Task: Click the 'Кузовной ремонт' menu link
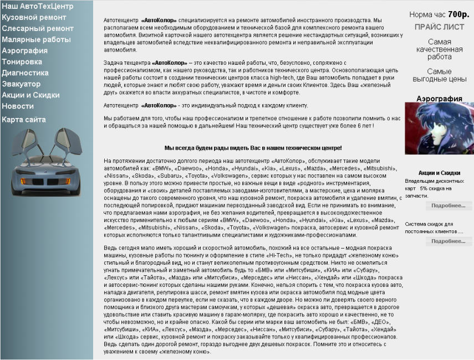[34, 17]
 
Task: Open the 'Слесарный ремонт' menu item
[37, 28]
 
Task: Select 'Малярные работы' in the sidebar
[36, 39]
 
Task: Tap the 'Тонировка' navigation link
[22, 61]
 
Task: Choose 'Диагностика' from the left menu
[25, 73]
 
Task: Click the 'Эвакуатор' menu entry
[21, 84]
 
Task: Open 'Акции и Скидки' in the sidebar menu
[30, 95]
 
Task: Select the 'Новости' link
[18, 106]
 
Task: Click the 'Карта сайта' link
[24, 119]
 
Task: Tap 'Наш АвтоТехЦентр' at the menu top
[37, 6]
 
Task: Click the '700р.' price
[458, 14]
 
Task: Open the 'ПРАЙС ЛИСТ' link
[440, 27]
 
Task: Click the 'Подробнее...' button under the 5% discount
[448, 205]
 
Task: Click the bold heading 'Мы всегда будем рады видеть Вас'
[253, 148]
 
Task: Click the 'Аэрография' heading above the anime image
[439, 99]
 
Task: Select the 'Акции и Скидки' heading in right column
[439, 173]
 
